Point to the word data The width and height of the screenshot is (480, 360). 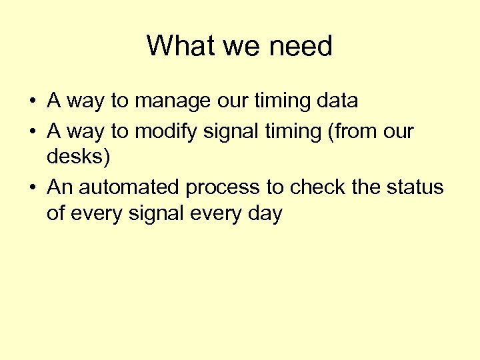point(337,101)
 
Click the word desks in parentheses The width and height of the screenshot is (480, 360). point(74,158)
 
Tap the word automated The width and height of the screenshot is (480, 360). point(131,187)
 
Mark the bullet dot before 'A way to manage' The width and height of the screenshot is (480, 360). point(32,102)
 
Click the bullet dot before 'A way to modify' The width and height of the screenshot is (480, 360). point(32,132)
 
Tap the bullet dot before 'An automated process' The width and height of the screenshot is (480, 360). point(32,188)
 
